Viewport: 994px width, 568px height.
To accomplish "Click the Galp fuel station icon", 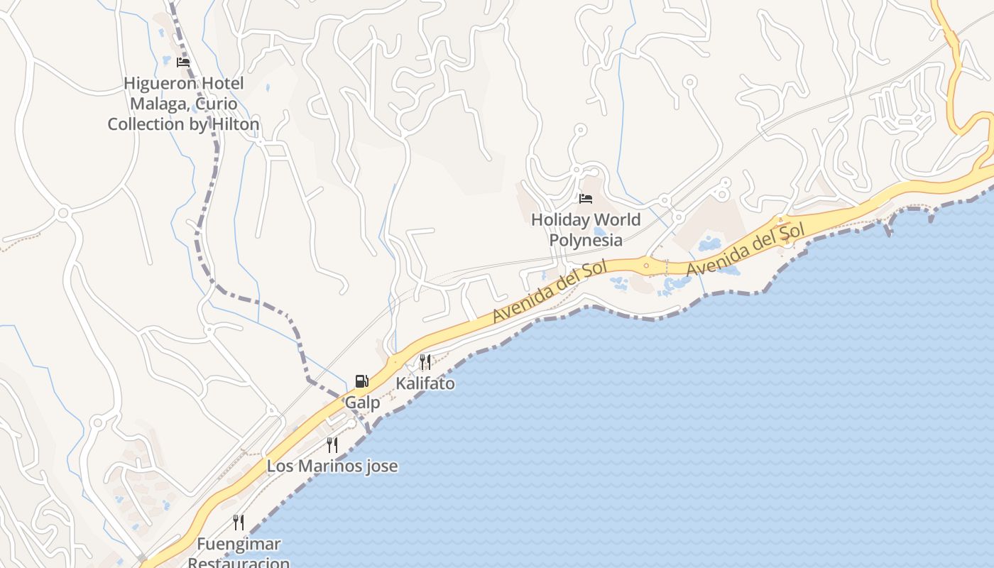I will [x=362, y=381].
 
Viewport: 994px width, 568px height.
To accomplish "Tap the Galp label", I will [x=362, y=403].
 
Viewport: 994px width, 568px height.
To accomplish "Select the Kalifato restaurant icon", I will [x=425, y=362].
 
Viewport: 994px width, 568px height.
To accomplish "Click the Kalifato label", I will [x=425, y=383].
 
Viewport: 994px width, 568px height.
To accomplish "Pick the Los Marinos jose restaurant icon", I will [x=332, y=445].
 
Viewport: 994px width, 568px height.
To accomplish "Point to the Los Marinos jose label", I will [x=332, y=466].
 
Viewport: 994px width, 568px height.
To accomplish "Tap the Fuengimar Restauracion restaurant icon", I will [x=239, y=523].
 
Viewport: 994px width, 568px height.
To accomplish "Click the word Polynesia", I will [x=586, y=240].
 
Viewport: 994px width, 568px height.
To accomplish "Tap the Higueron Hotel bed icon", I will [x=183, y=62].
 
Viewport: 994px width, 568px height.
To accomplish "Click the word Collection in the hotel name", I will [x=146, y=124].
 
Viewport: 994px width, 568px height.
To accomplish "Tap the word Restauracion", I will [x=239, y=562].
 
